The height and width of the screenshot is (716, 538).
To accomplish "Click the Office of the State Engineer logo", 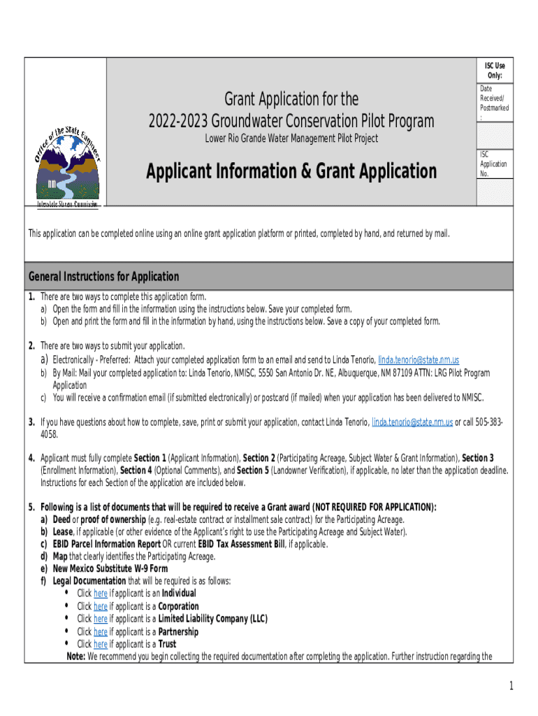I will pos(67,161).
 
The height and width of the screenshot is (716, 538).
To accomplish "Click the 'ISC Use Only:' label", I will pos(495,71).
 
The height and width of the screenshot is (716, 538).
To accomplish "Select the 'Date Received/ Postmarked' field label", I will pos(494,103).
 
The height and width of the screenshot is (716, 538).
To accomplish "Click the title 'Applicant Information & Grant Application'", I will pos(291,171).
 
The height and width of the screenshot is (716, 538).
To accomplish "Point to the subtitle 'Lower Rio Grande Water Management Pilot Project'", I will pos(291,138).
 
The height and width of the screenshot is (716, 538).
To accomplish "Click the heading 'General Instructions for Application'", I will pos(103,276).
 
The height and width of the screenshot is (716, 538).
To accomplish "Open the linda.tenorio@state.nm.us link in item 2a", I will pos(419,359).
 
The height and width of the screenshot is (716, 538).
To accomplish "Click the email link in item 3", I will pos(412,422).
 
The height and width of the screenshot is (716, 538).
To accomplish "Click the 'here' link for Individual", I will pos(101,594).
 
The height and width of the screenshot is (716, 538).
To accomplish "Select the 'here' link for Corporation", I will pos(101,606).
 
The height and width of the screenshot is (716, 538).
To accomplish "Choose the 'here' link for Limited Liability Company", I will pos(101,619).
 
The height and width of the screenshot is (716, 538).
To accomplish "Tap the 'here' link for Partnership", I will pos(101,631).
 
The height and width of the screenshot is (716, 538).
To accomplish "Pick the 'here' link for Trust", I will pos(101,644).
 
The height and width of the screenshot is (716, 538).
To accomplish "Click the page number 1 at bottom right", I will pos(511,687).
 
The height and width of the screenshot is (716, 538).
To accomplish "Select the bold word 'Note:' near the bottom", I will pos(75,657).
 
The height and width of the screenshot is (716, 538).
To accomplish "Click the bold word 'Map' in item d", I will pos(61,556).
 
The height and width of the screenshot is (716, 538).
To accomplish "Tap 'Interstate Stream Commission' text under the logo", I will pos(67,204).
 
